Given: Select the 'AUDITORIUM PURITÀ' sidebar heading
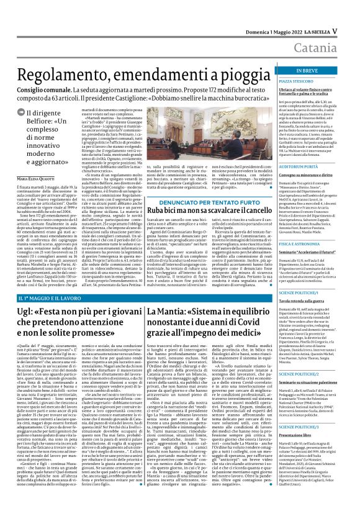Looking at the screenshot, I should tap(298, 150).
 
